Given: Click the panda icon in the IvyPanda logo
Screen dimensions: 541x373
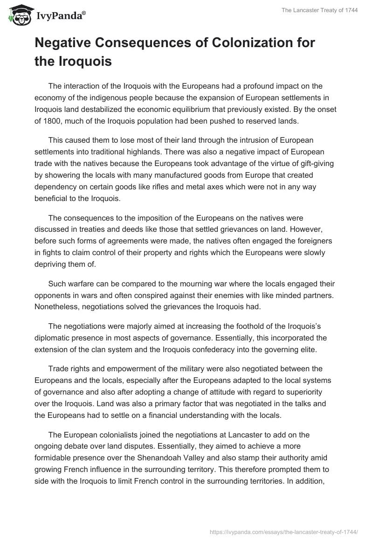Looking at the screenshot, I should pyautogui.click(x=17, y=15).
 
